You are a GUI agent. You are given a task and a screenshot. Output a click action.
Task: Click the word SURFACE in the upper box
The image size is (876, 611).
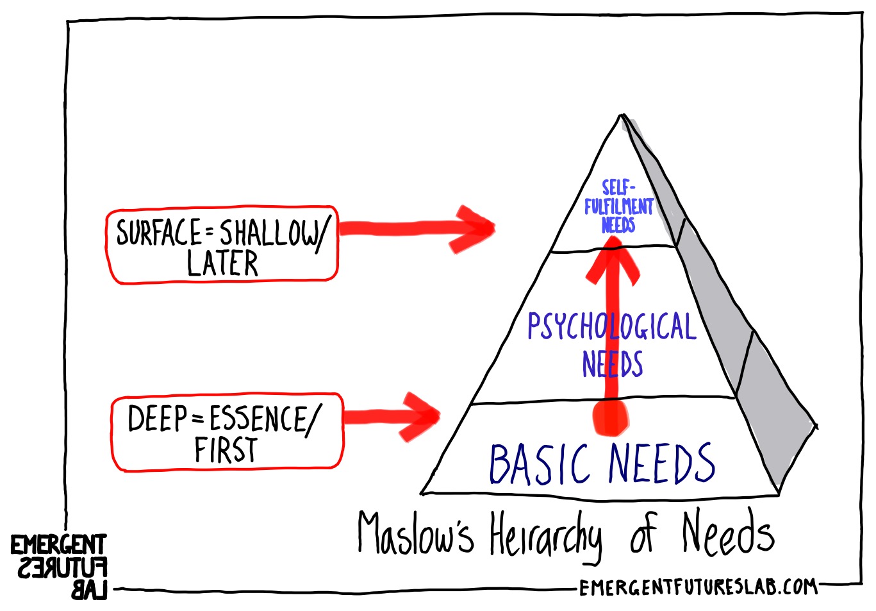pyautogui.click(x=159, y=232)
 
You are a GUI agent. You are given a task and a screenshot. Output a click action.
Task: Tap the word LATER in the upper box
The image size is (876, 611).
pyautogui.click(x=222, y=263)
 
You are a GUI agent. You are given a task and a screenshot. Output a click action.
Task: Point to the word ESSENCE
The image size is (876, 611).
pyautogui.click(x=258, y=418)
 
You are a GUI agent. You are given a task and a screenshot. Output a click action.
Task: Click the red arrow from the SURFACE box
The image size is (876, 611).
pyautogui.click(x=417, y=228)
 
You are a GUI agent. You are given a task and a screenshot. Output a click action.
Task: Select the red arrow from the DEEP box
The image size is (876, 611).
pyautogui.click(x=392, y=417)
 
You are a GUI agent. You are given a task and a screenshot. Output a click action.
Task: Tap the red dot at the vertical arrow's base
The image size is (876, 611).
pyautogui.click(x=611, y=418)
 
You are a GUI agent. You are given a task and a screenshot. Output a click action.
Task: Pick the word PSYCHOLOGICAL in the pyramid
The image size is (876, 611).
pyautogui.click(x=612, y=327)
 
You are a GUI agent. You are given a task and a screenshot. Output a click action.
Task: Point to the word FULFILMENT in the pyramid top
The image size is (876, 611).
pyautogui.click(x=618, y=207)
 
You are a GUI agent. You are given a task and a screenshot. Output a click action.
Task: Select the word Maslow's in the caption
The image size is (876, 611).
pyautogui.click(x=415, y=534)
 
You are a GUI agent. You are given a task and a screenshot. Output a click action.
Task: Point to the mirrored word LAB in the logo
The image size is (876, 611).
pyautogui.click(x=89, y=591)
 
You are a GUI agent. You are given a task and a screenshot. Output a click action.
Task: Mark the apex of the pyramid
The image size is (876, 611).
pyautogui.click(x=622, y=115)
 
